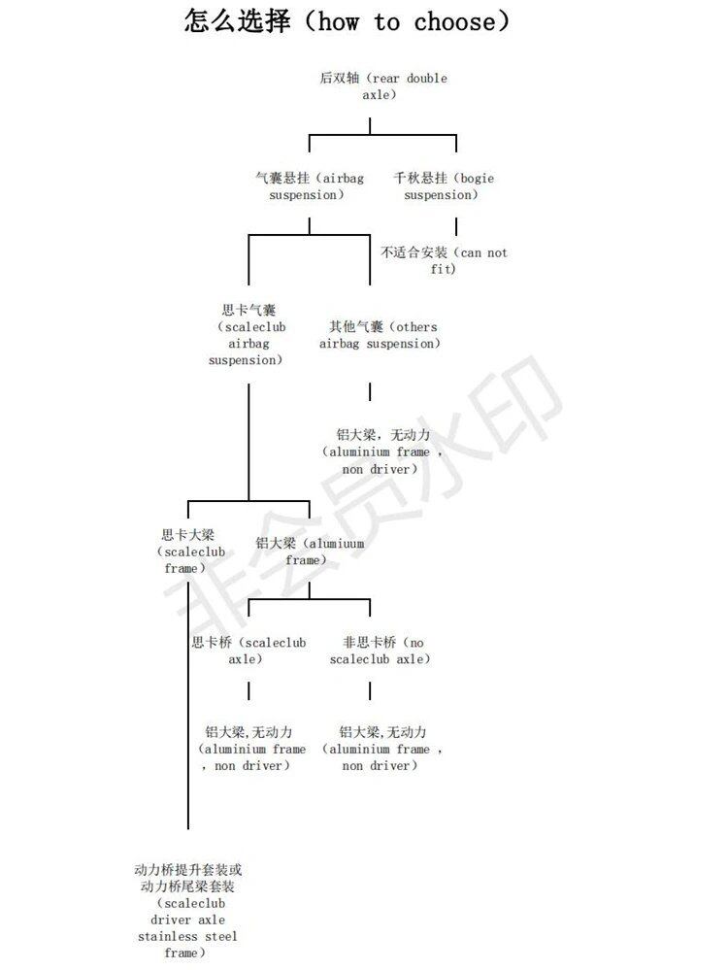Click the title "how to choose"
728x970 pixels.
tap(347, 20)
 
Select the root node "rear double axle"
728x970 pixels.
tap(382, 86)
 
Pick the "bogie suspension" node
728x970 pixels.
tap(443, 186)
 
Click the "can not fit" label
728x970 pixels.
tap(444, 260)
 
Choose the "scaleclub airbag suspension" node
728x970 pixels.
tap(248, 335)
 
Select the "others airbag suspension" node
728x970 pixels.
tap(382, 335)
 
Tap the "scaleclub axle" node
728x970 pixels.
tap(248, 651)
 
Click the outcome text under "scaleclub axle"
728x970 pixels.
tap(248, 749)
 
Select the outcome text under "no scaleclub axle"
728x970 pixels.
tap(382, 749)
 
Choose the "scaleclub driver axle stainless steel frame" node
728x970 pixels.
tap(187, 911)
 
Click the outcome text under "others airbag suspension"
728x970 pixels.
tap(382, 452)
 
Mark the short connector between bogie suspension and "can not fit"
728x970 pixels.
tap(456, 227)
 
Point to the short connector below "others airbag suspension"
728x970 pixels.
tap(370, 391)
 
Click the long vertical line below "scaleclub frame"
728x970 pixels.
tap(187, 699)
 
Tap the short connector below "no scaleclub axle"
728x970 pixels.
tap(370, 690)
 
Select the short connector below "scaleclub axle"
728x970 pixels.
tap(248, 690)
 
